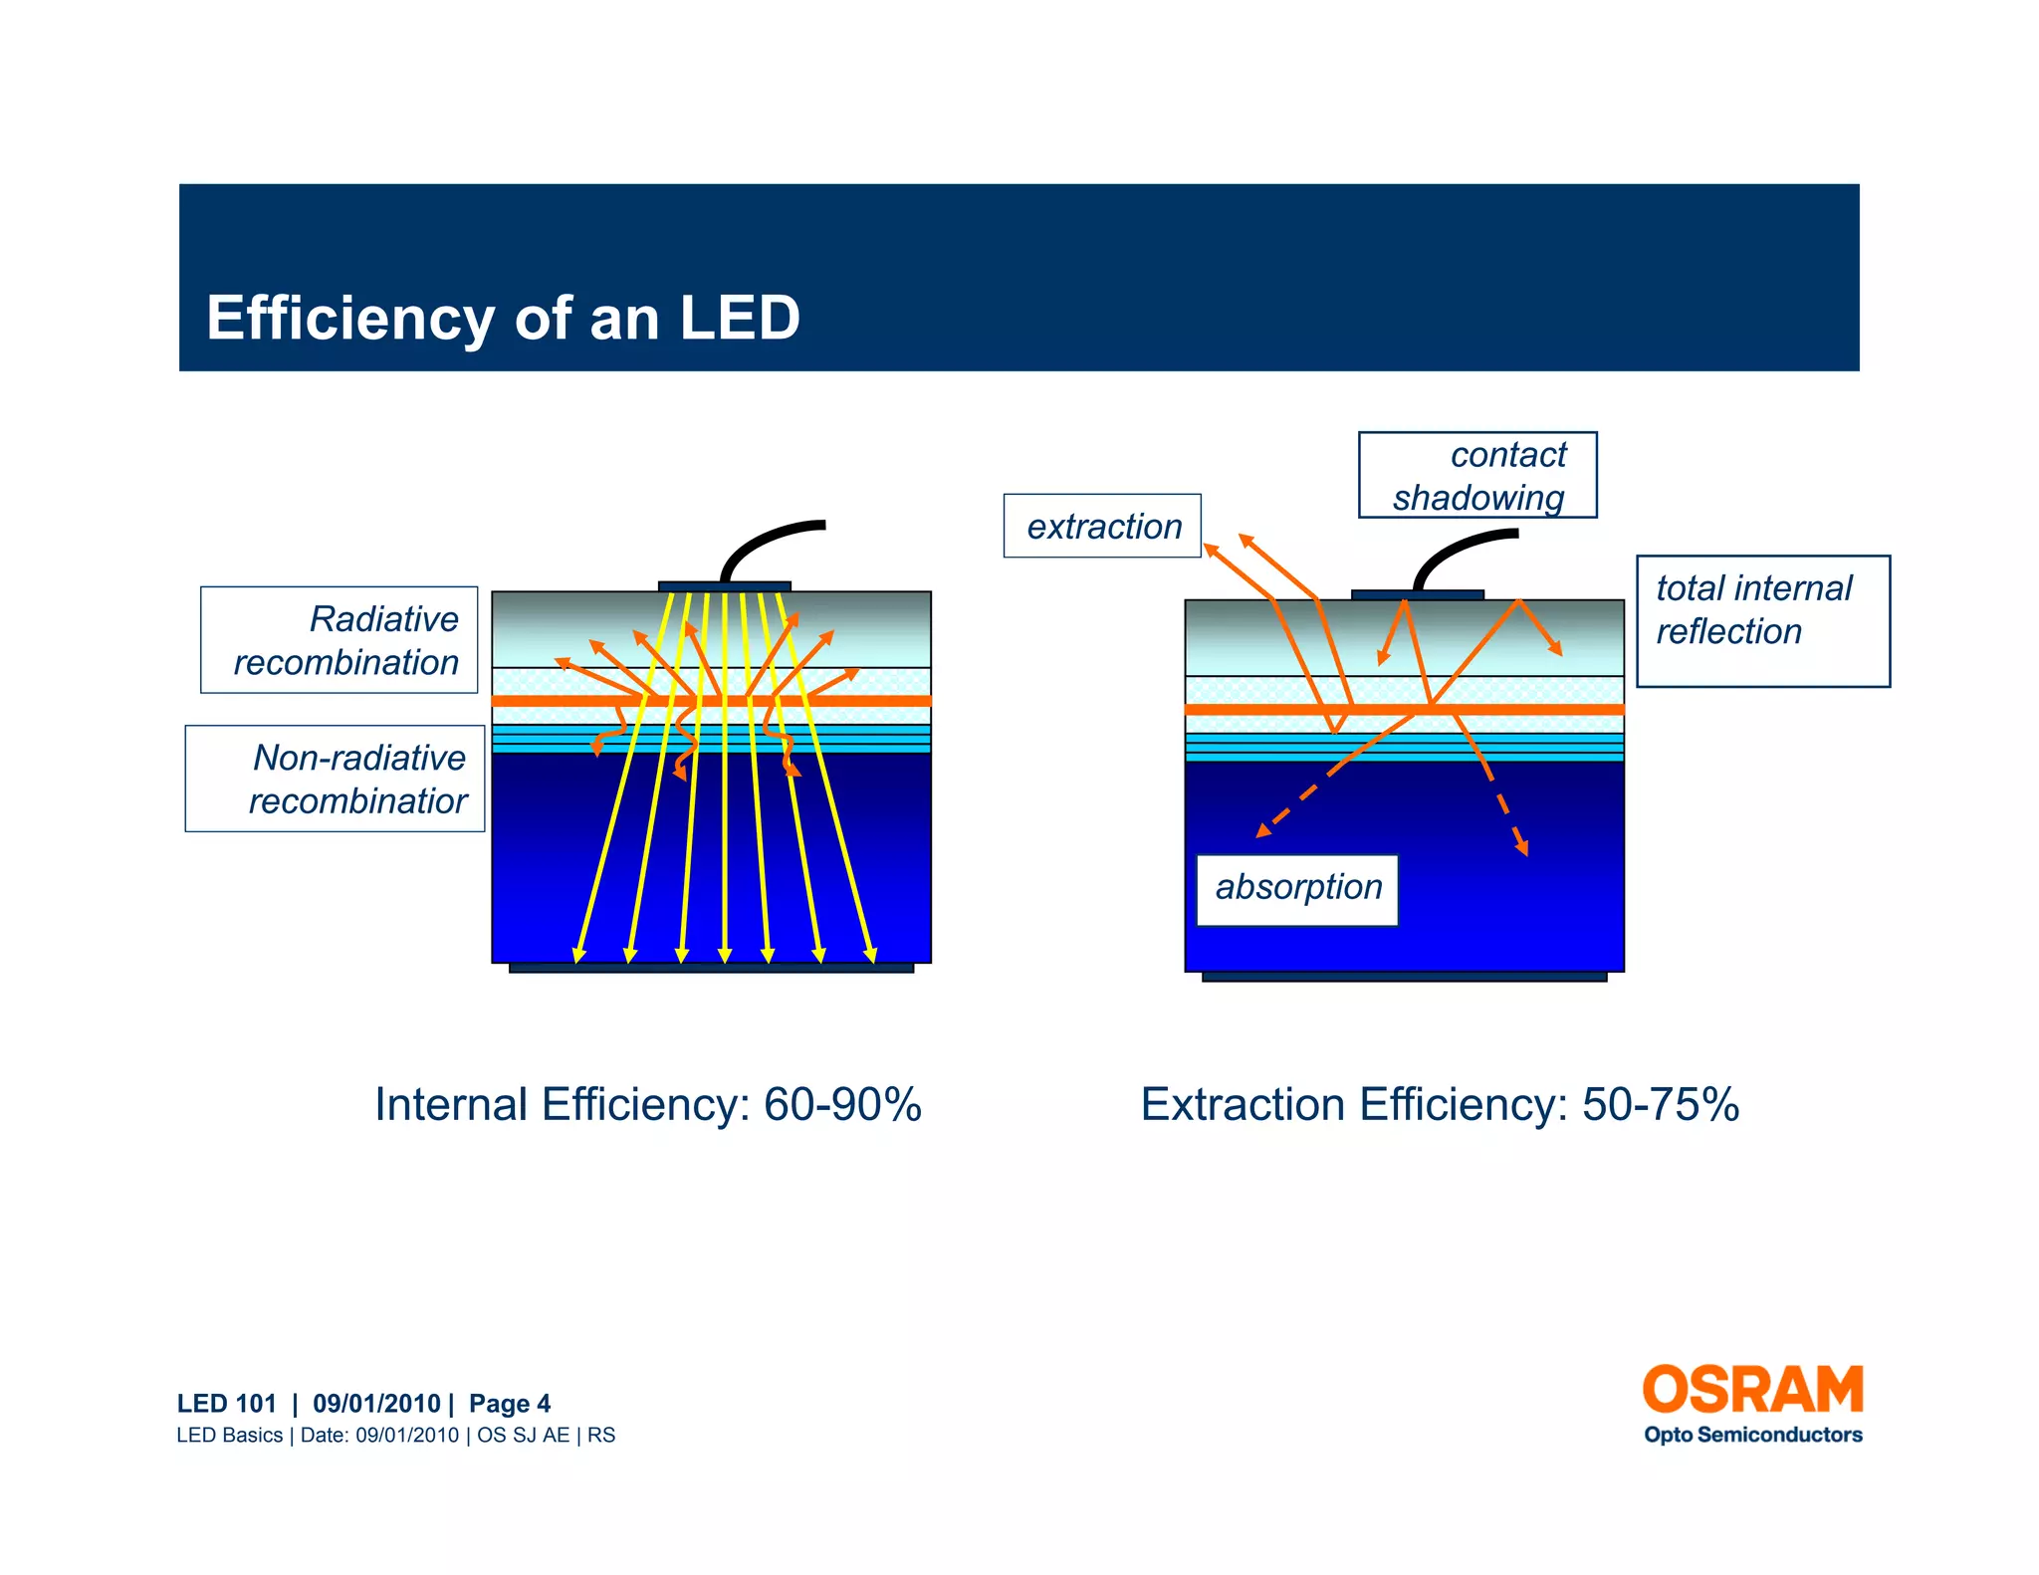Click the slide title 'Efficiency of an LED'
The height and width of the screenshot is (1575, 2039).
click(x=503, y=319)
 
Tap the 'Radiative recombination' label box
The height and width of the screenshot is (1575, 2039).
click(x=340, y=640)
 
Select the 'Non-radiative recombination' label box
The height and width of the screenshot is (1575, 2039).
click(x=336, y=779)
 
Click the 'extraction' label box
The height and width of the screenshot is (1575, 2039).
click(x=1102, y=526)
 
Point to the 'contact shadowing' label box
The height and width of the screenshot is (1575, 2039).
click(x=1477, y=475)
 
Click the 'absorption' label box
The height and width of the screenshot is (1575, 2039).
click(x=1297, y=889)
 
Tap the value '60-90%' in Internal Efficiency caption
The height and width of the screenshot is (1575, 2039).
click(x=842, y=1105)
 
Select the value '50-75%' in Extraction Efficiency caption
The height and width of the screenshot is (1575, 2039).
click(x=1661, y=1105)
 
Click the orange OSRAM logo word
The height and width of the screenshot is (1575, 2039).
click(x=1751, y=1390)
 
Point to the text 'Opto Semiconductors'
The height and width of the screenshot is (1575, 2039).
click(x=1752, y=1435)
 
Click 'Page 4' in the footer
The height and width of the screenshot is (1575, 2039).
click(x=509, y=1404)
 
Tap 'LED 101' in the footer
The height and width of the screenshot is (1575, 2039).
click(x=226, y=1404)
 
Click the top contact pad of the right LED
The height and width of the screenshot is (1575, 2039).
click(x=1417, y=595)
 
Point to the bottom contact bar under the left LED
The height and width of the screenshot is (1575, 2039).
click(x=711, y=968)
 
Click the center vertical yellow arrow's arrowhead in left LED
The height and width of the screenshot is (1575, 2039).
click(x=725, y=956)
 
